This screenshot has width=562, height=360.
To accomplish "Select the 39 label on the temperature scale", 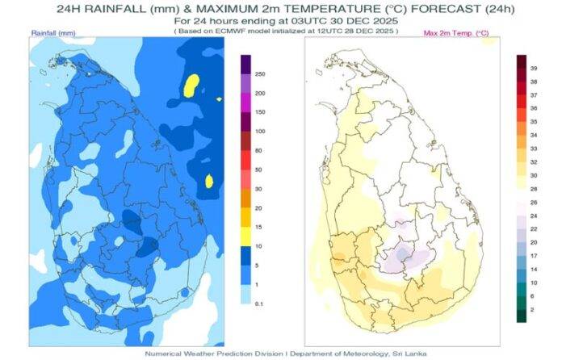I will click(x=534, y=69).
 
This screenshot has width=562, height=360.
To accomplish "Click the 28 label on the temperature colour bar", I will click(x=534, y=187).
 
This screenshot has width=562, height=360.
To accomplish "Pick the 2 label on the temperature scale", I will click(x=534, y=309).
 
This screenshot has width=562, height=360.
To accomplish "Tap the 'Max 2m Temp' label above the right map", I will click(x=455, y=32).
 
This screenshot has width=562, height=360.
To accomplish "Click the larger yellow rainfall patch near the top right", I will click(x=191, y=85).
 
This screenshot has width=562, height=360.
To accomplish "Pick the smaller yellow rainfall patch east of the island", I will click(x=209, y=182).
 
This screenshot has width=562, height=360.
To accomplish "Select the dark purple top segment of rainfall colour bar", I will click(x=245, y=64).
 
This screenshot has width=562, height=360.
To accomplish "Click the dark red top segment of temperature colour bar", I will click(x=522, y=61).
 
